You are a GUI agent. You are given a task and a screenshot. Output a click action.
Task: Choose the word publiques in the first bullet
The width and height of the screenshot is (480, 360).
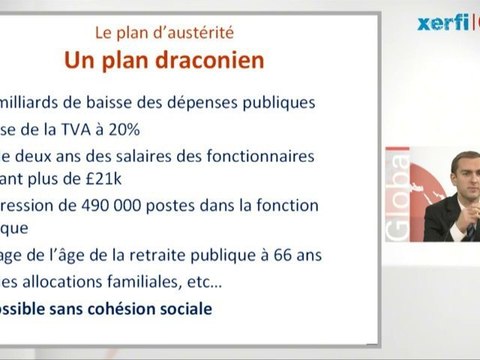(x=281, y=102)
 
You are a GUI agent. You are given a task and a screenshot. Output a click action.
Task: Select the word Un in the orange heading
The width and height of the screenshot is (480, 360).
(x=81, y=60)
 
